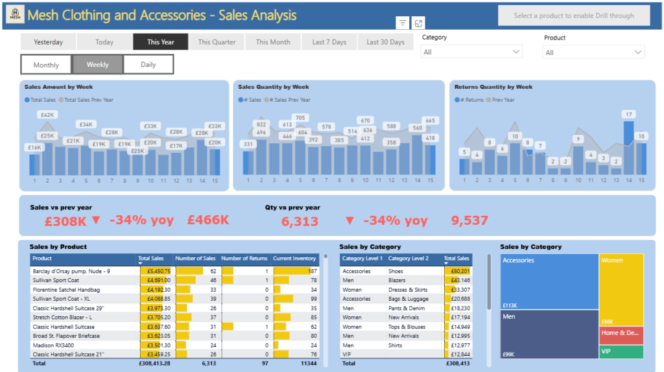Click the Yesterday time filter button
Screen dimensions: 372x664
coord(48,42)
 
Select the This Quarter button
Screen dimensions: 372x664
coord(217,42)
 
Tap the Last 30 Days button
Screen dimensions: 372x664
coord(385,42)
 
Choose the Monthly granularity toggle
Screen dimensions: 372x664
coord(46,65)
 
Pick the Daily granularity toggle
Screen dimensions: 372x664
coord(148,65)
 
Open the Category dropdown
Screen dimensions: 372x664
coord(471,52)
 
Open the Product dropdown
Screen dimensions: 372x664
coord(593,52)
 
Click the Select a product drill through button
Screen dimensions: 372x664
coord(574,16)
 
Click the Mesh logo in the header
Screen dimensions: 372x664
coord(14,15)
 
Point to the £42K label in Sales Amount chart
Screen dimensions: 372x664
coord(47,115)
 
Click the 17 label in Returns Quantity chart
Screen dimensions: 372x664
coord(628,115)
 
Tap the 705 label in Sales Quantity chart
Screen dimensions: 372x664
coord(300,118)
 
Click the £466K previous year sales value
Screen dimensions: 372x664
coord(207,220)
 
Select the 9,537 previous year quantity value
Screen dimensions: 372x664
coord(469,220)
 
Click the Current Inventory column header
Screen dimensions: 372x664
coord(294,259)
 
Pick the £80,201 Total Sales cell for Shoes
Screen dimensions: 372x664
coord(457,272)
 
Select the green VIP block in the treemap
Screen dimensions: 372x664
coord(621,352)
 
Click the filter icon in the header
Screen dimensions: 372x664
coord(403,23)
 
